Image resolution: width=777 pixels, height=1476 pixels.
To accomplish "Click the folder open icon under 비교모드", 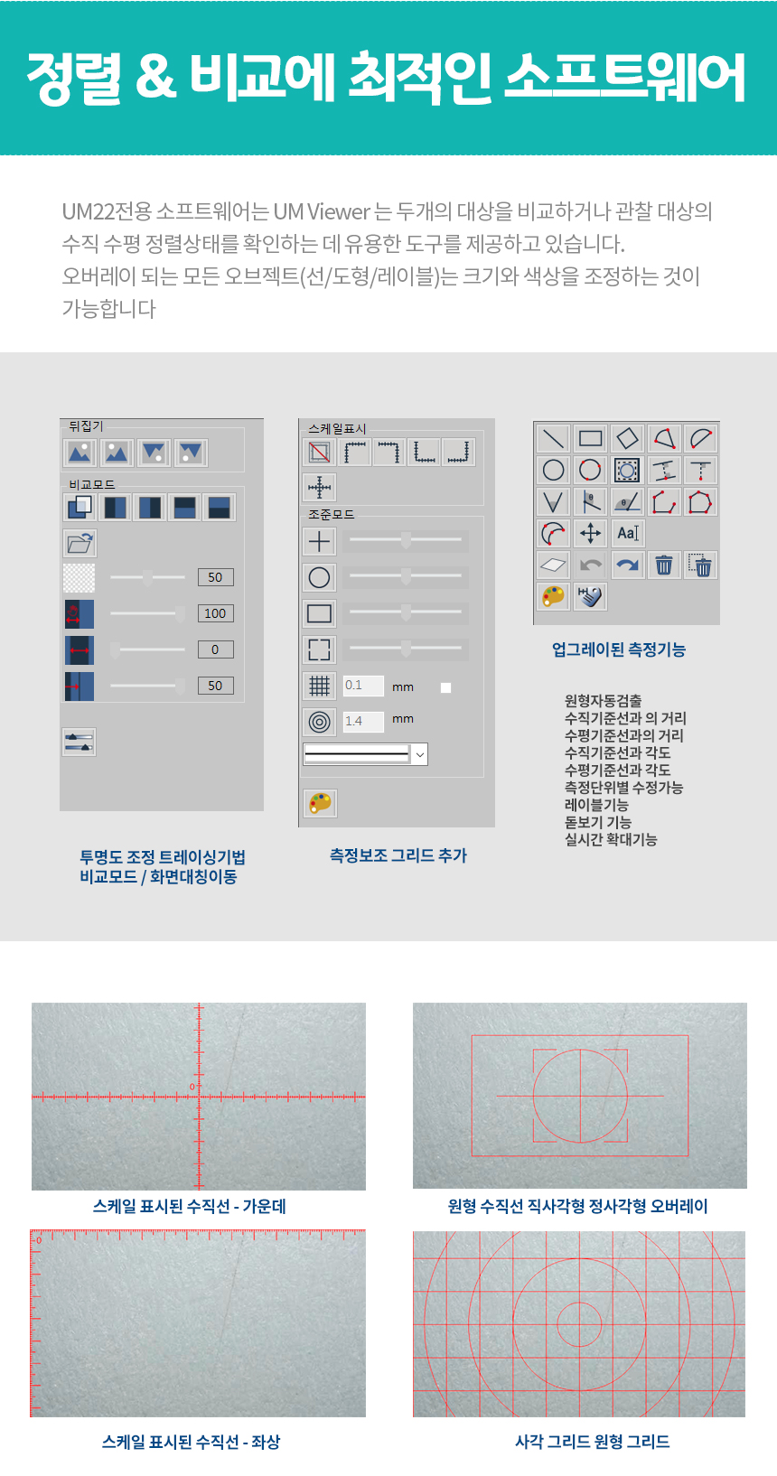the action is point(80,544).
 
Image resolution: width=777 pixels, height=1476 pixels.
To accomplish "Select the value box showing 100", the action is point(216,613).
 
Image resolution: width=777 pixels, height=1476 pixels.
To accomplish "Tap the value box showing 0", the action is point(216,649).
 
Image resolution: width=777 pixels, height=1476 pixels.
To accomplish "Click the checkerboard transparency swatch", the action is point(80,578).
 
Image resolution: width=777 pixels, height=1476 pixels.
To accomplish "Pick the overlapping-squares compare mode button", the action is point(80,508).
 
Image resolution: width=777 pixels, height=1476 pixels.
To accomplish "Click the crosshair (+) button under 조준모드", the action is point(319,542).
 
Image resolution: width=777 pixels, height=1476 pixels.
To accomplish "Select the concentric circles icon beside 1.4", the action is point(319,722).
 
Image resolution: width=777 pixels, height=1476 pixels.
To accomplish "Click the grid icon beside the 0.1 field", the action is point(319,687).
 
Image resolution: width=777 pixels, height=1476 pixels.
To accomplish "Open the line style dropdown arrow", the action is point(420,754).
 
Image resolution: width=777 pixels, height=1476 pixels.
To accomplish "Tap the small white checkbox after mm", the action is point(445,688).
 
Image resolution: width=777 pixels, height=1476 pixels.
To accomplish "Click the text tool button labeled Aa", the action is point(627,533).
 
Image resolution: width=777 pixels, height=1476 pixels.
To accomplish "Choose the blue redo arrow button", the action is point(627,565).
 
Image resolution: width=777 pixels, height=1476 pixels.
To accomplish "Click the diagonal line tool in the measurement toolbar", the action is point(553,438).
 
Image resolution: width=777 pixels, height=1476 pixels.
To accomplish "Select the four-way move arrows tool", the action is point(590,533).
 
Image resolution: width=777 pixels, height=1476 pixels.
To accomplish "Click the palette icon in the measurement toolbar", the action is point(553,596).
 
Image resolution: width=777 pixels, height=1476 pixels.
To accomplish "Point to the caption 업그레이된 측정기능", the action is point(619,649).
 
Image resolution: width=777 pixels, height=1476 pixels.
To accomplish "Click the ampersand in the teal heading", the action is point(157,77).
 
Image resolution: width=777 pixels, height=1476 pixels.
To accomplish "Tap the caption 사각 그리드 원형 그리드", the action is point(592,1442).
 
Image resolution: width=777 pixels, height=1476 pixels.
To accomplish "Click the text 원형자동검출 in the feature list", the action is point(603,700).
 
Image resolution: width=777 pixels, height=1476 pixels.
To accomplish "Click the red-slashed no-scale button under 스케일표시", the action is point(320,453).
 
